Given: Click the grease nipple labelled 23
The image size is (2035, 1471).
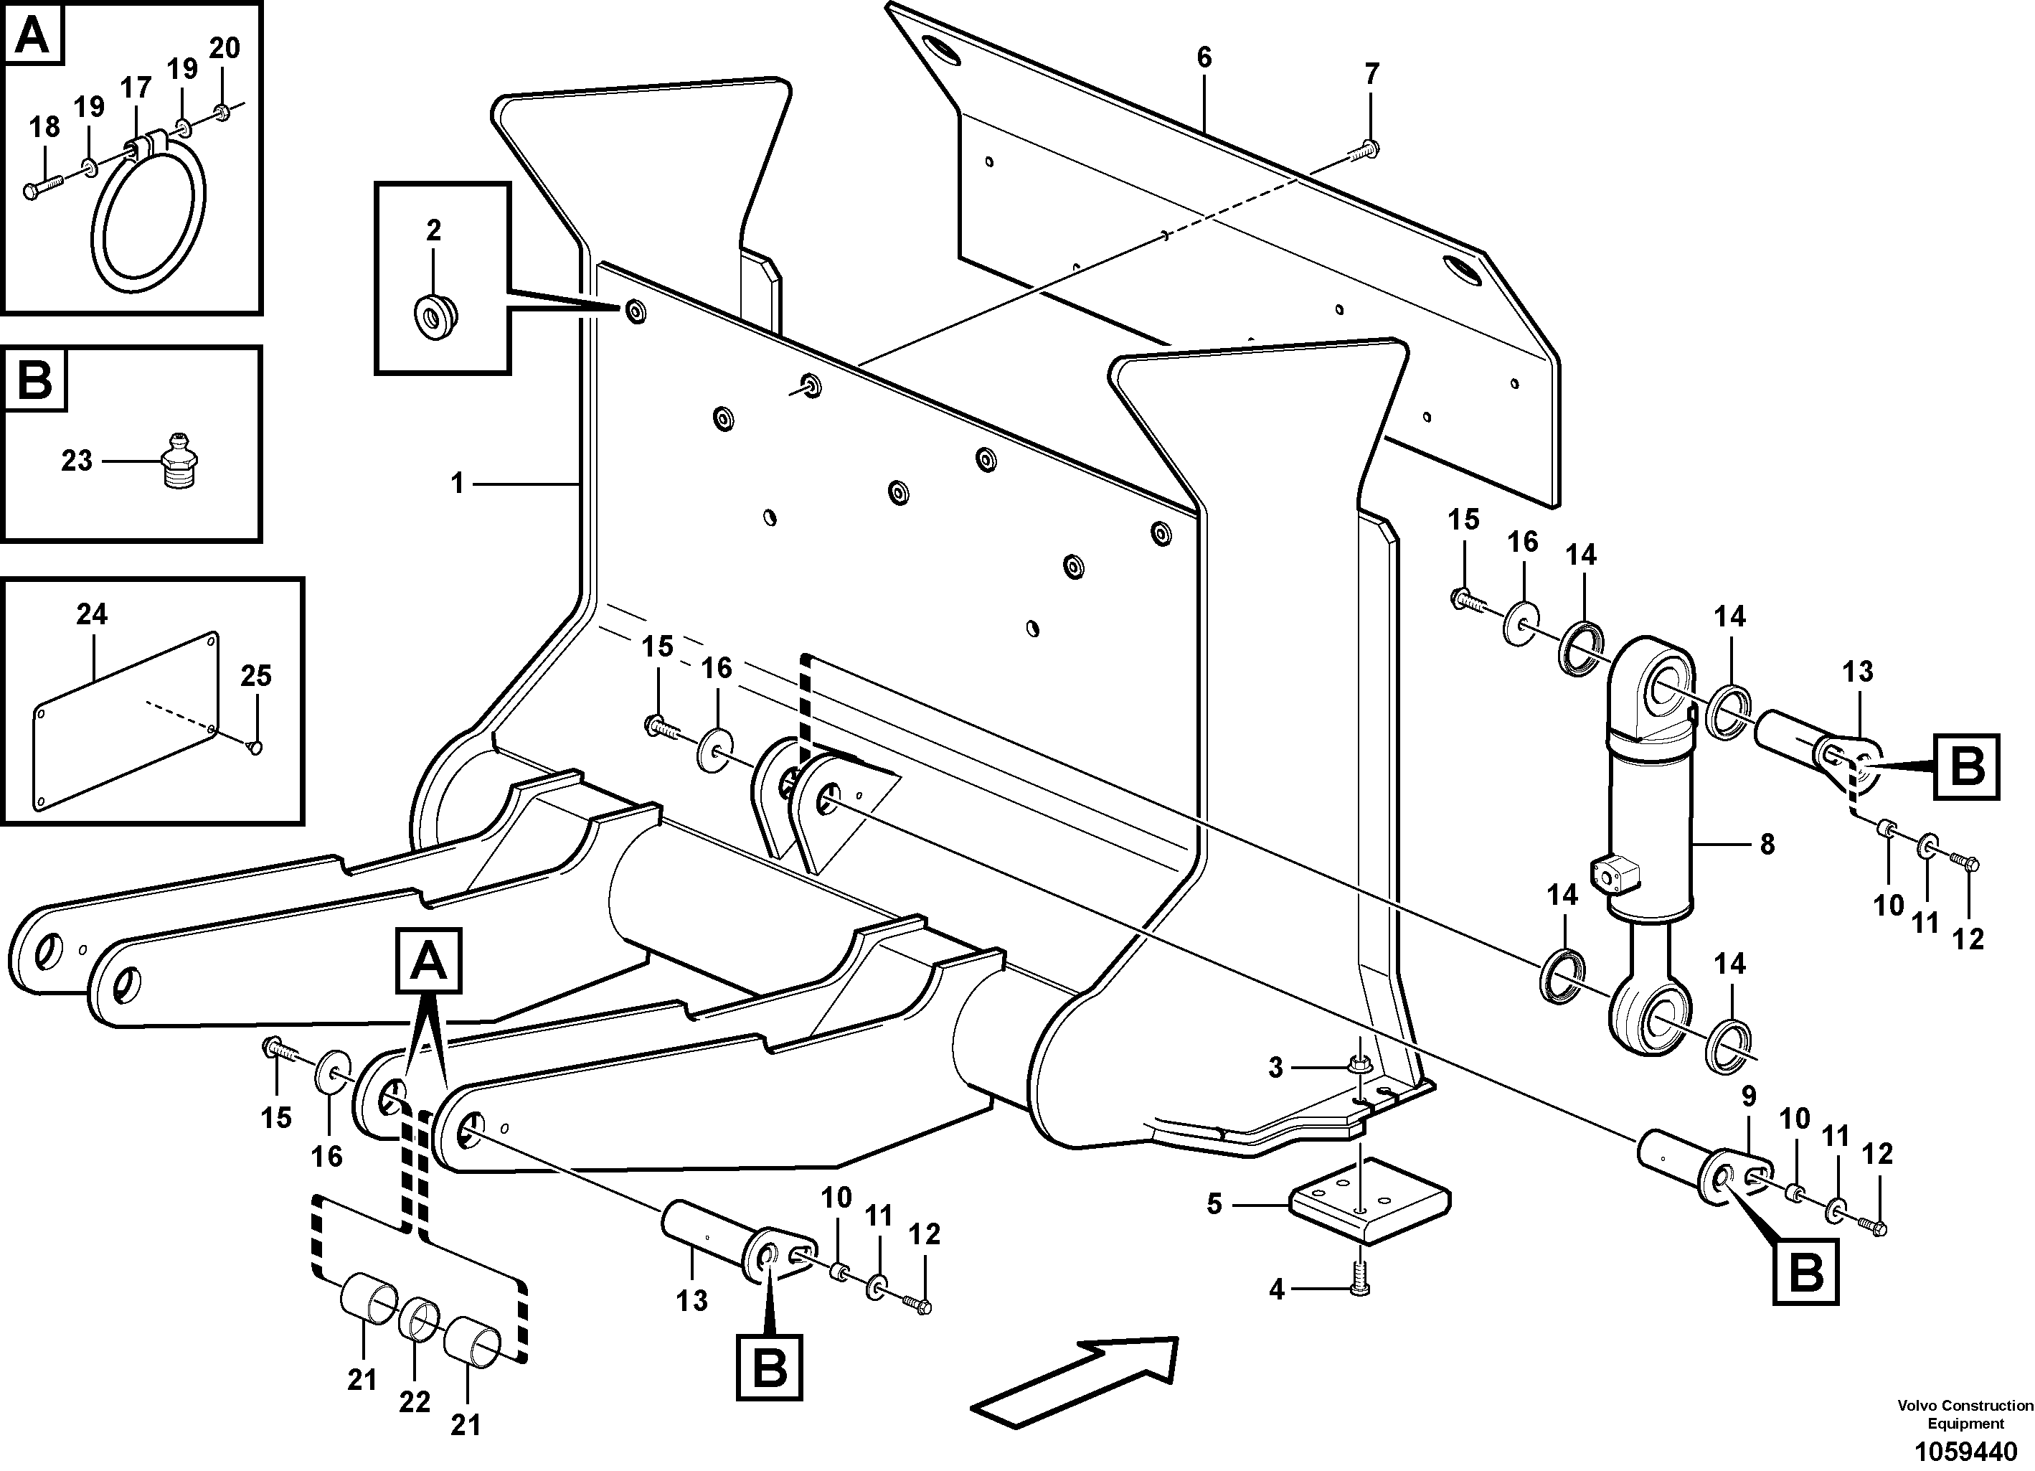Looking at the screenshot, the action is pyautogui.click(x=179, y=461).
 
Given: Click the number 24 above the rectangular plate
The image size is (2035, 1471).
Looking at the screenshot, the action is pyautogui.click(x=92, y=614).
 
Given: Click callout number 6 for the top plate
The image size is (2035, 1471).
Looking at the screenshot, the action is pyautogui.click(x=1204, y=57).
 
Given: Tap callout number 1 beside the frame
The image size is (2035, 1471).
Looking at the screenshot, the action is pyautogui.click(x=458, y=484).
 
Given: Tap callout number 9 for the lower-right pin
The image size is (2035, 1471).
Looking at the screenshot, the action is pyautogui.click(x=1748, y=1096).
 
